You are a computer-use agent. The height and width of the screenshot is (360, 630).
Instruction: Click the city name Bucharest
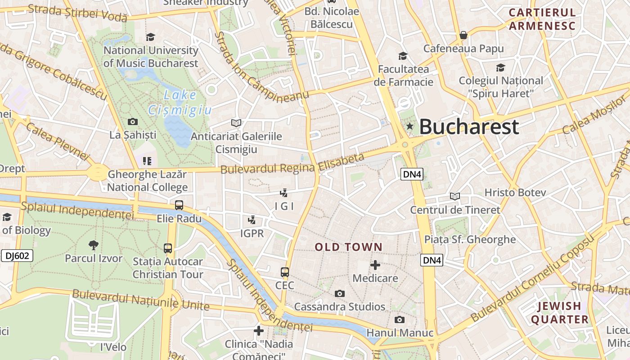tap(469, 127)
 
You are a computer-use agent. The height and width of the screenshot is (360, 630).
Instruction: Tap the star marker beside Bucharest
tap(409, 126)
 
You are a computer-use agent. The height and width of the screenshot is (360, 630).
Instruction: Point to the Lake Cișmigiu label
tap(180, 102)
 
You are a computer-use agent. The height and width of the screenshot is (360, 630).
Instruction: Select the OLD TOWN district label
tap(348, 247)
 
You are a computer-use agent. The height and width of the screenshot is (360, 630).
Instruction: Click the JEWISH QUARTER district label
tap(559, 313)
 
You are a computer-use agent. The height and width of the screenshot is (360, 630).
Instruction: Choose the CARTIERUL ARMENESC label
tap(542, 19)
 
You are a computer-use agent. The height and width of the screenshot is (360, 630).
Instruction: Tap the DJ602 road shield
tap(17, 256)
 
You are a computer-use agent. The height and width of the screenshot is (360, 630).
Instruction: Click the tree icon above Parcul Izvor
tap(94, 245)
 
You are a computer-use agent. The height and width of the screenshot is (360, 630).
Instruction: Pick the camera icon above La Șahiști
tap(133, 121)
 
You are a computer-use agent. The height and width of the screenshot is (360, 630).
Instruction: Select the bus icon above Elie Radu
tap(179, 205)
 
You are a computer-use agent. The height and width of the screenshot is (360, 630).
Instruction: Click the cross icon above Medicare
tap(375, 265)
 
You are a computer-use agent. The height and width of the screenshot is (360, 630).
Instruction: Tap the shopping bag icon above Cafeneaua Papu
tap(463, 35)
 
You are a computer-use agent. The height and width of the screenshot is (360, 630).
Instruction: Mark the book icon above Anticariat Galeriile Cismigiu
tap(236, 123)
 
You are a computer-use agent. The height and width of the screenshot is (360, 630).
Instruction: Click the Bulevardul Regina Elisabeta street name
tap(292, 164)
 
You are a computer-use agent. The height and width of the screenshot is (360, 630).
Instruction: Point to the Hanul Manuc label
tap(400, 333)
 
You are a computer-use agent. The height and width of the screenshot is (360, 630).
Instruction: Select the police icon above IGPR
tap(252, 220)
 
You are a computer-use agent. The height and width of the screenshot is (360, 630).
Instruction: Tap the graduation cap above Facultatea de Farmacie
tap(403, 56)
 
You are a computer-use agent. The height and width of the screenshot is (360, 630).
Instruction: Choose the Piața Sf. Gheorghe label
tap(470, 239)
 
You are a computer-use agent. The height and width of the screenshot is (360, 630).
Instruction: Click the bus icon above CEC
tap(285, 272)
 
